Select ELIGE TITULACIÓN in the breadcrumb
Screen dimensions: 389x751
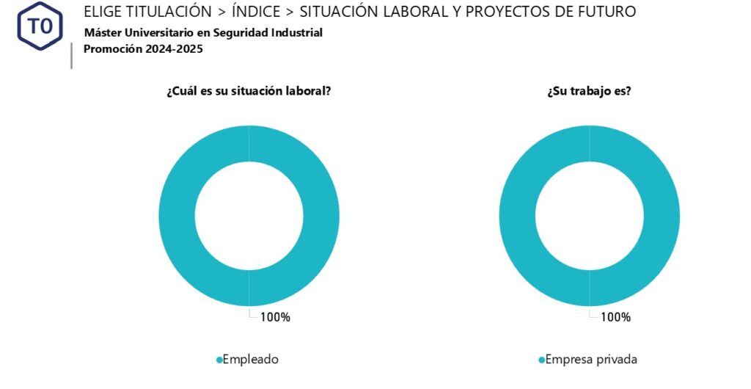click(x=142, y=12)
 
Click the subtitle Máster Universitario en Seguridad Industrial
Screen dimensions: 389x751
click(x=203, y=33)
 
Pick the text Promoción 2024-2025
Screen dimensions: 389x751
click(x=143, y=49)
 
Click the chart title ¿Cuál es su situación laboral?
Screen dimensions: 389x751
click(x=249, y=92)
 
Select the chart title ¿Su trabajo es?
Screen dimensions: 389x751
click(x=590, y=92)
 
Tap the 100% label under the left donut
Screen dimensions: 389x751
click(x=275, y=317)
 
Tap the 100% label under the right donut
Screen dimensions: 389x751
click(x=615, y=317)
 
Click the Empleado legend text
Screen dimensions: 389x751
click(x=250, y=360)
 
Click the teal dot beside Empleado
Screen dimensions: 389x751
click(x=219, y=360)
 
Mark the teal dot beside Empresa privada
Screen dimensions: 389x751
click(x=542, y=360)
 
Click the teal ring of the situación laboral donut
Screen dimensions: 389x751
click(x=177, y=216)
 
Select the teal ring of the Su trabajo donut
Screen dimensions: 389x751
click(x=517, y=216)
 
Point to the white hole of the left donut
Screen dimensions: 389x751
click(x=249, y=216)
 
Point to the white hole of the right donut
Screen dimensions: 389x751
click(x=590, y=216)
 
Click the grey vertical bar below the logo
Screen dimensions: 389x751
click(x=71, y=56)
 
